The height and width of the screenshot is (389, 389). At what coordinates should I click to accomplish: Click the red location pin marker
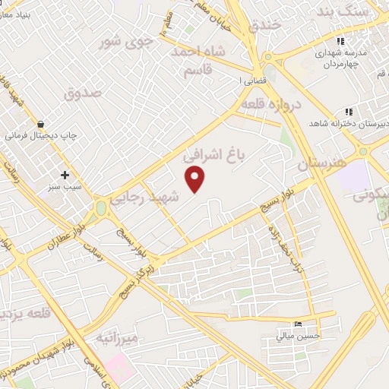(196, 180)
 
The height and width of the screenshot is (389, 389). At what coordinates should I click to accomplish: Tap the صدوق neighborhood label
(82, 94)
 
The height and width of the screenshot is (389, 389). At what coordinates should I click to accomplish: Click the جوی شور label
(129, 43)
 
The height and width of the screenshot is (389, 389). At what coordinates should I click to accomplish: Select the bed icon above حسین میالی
(299, 323)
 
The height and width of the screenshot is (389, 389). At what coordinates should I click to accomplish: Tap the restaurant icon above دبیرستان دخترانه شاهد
(348, 112)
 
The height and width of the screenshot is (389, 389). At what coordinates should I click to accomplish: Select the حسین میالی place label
(299, 335)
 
